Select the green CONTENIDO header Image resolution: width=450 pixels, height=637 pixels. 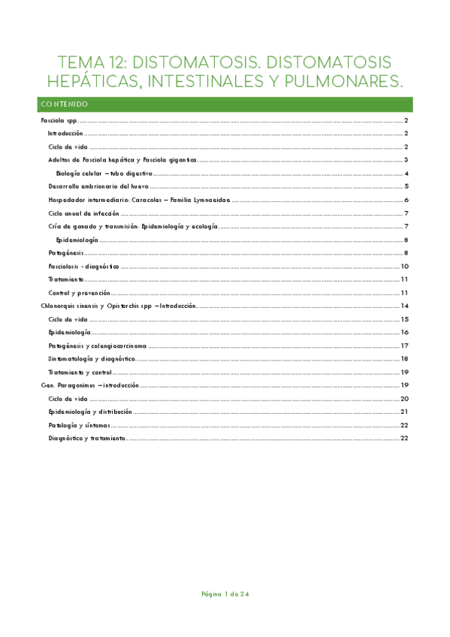tap(65, 104)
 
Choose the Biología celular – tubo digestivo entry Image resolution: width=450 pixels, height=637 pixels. tap(104, 173)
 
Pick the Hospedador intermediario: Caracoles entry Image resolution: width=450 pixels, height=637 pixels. tap(138, 200)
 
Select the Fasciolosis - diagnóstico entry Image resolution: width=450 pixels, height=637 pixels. tap(83, 266)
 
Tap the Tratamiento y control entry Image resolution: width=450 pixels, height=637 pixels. tap(80, 372)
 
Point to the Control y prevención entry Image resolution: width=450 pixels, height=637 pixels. tap(79, 292)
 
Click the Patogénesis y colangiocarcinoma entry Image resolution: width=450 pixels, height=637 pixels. tap(97, 346)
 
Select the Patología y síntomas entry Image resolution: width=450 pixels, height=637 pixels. tap(80, 424)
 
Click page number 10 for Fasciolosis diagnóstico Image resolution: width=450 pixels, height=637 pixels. tap(404, 266)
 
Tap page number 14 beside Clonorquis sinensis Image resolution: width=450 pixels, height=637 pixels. tap(404, 306)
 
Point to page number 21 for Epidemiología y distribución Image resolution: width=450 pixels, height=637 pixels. tap(404, 412)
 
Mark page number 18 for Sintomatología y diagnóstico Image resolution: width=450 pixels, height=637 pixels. tap(404, 359)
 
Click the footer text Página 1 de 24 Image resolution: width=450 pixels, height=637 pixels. tap(225, 594)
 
